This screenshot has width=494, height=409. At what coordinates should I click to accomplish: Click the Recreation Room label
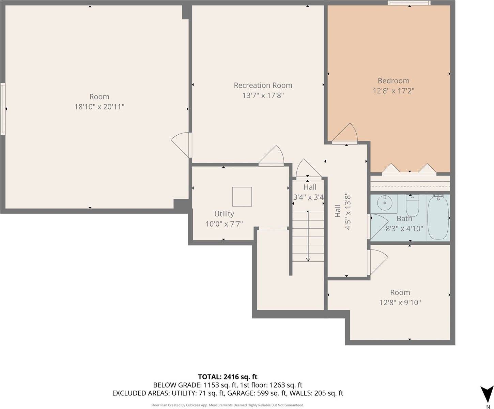263,85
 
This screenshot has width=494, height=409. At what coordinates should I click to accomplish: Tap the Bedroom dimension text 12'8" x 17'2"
393,91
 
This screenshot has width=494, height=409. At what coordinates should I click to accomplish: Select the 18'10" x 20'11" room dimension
99,107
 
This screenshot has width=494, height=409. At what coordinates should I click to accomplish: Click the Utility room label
224,214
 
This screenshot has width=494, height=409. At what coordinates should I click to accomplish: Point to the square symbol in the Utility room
242,197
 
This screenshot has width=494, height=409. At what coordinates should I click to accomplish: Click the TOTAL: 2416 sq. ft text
228,377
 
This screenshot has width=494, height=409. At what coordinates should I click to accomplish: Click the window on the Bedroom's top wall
409,3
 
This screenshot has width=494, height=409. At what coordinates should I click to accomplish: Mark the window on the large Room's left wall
3,109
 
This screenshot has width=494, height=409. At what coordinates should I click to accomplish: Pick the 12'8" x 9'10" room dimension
400,302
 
